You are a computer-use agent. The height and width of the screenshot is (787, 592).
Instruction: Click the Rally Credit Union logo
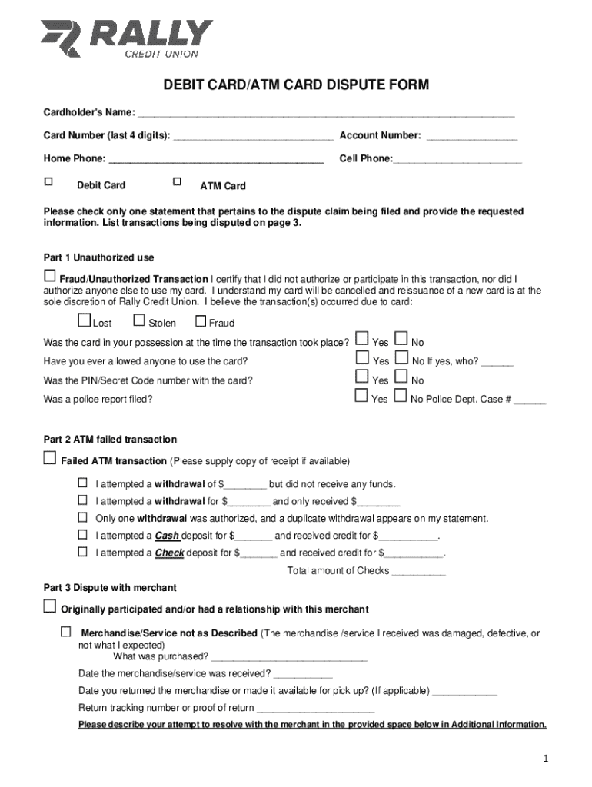click(127, 38)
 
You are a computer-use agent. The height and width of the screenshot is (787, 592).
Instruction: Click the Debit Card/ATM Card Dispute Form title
click(295, 85)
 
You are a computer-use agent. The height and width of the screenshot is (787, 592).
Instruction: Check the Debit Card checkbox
click(48, 182)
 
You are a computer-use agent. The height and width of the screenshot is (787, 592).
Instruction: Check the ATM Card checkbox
click(177, 182)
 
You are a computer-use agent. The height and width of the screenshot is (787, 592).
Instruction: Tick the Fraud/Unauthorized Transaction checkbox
click(50, 276)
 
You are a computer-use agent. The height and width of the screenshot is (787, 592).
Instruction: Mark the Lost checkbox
click(85, 321)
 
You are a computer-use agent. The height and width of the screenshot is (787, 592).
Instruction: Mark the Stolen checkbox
click(139, 321)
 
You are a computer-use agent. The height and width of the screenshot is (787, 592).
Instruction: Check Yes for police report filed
click(361, 397)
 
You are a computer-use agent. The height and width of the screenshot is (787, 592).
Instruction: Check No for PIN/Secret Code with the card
click(401, 377)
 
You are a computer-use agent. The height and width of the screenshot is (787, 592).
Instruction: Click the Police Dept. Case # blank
click(530, 400)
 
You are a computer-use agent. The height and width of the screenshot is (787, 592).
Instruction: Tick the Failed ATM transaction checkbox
click(50, 459)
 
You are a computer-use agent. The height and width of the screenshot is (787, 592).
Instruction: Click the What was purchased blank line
click(289, 658)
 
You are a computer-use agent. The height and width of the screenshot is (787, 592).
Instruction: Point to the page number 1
click(544, 759)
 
